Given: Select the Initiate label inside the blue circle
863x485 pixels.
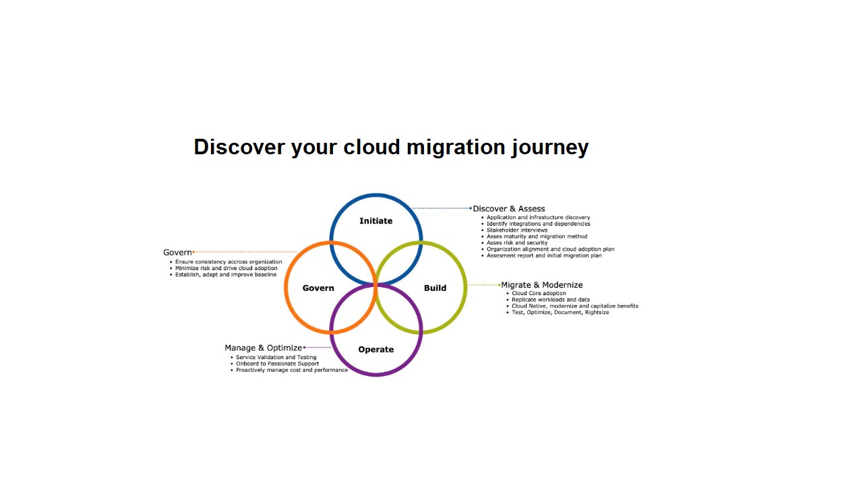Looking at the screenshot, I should pos(376,221).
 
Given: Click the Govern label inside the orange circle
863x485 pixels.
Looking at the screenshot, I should pos(318,288).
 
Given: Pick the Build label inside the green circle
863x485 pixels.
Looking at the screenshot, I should pos(435,288).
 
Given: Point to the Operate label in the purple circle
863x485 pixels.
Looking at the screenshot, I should pos(376,350).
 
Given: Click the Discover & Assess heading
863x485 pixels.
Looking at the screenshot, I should pos(509,209).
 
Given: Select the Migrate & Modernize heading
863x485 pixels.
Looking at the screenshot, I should pos(542,285).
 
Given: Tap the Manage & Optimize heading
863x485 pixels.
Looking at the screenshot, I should pos(264,348).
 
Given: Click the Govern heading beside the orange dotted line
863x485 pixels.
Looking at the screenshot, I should pos(177,253).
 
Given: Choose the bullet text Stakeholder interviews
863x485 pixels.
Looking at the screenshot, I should pos(517,230).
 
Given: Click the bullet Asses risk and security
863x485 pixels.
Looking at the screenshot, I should pos(517,243).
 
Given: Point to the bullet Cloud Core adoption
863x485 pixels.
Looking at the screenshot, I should pos(539,294).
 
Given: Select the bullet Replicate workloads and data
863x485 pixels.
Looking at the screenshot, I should pos(551,300).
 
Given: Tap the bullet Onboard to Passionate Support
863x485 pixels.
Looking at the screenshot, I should pos(277,364).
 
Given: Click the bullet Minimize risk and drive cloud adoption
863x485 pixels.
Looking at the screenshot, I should pos(226,268).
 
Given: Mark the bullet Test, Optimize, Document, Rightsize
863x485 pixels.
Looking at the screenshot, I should pos(560,313).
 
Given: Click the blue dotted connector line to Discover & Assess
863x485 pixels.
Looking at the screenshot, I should pos(442,209).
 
